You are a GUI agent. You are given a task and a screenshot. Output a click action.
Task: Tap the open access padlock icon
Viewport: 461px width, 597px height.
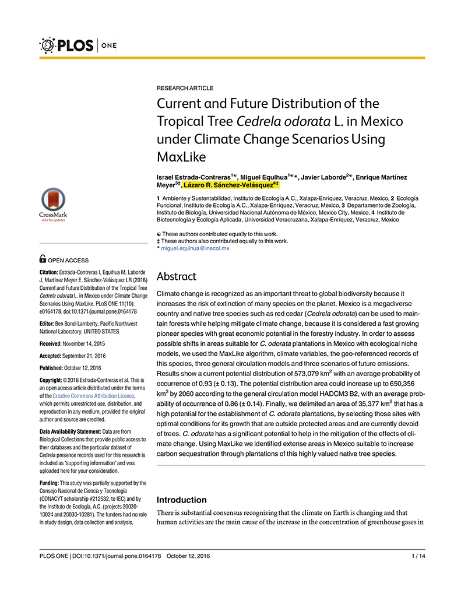pos(43,259)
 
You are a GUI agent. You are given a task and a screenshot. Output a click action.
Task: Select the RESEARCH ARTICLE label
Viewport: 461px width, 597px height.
pos(185,88)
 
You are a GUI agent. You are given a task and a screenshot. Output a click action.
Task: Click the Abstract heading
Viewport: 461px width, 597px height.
pos(177,276)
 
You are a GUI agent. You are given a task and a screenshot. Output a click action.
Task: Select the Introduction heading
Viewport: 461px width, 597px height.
pos(182,500)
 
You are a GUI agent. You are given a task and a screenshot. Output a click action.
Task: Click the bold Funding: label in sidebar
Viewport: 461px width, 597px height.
pos(48,483)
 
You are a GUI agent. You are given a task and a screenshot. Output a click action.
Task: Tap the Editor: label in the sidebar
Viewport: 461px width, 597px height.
pos(47,324)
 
